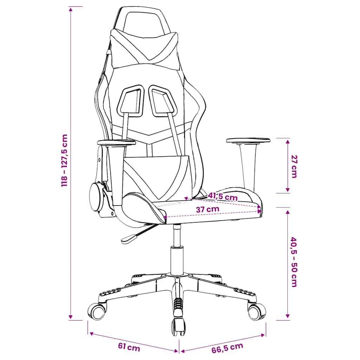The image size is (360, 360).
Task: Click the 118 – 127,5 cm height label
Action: coord(65,160)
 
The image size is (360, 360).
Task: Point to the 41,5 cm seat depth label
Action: coord(223,197)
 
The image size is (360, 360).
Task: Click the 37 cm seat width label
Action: coord(207,209)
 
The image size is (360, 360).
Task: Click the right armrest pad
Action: coord(248,140)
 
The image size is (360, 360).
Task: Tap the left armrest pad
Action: coord(116,143)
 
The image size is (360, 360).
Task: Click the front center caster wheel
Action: coord(178,327)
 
